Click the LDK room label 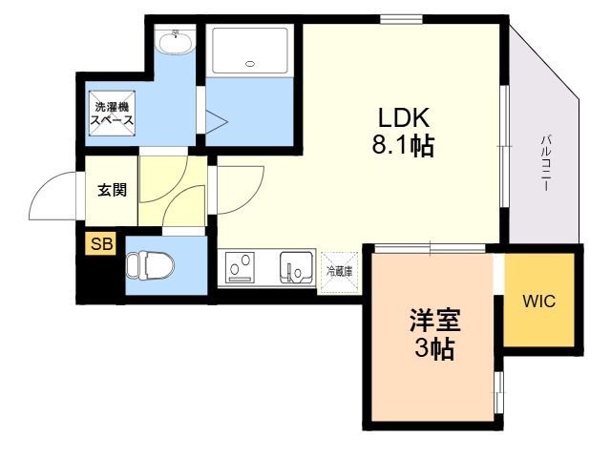[404, 117]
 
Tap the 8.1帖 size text [403, 146]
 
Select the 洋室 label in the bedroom [434, 320]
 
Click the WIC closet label [538, 301]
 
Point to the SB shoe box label [101, 244]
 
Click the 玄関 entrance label [113, 190]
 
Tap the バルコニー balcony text [545, 163]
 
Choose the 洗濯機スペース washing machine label [113, 114]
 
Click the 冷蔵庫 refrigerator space [340, 271]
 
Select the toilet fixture [151, 265]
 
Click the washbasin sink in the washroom [175, 41]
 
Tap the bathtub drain [250, 64]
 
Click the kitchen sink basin [297, 267]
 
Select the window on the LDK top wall [401, 19]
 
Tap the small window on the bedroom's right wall [498, 392]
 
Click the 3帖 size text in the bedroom [434, 347]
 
